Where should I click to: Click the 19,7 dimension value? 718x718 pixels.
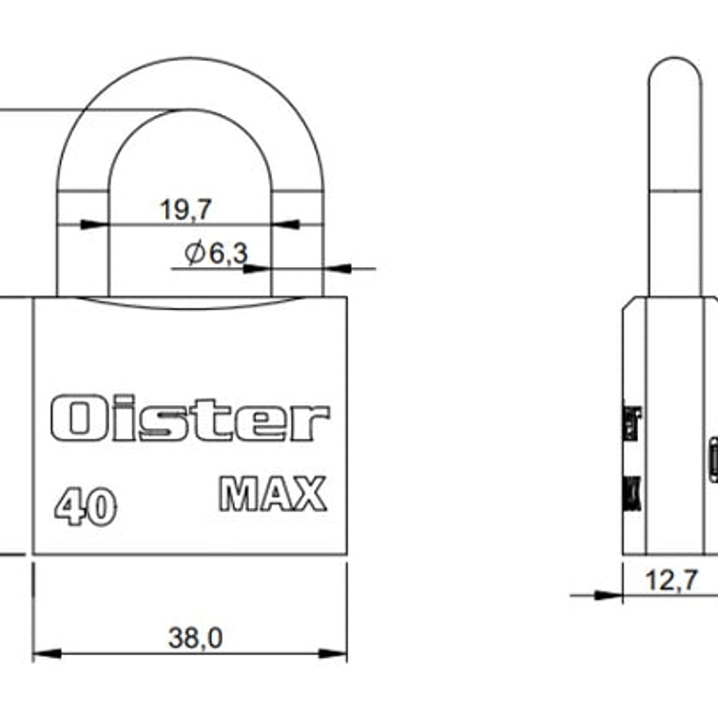coord(185,210)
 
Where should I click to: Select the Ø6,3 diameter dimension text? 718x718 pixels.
coord(216,253)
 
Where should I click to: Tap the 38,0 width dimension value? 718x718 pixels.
coord(195,638)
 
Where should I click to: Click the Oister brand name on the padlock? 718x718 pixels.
coord(190,419)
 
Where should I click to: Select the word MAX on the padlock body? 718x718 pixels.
coord(273,494)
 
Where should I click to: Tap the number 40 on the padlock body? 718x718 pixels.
coord(85,506)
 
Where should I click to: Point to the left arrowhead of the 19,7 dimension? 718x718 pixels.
coord(94,225)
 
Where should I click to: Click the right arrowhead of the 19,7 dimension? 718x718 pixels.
coord(285,225)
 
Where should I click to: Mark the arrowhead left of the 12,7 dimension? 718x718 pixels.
coord(610,595)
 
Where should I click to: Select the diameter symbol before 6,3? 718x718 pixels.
coord(194,253)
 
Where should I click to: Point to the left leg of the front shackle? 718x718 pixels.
coord(82,247)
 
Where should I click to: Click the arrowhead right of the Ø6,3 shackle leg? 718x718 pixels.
coord(337,268)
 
